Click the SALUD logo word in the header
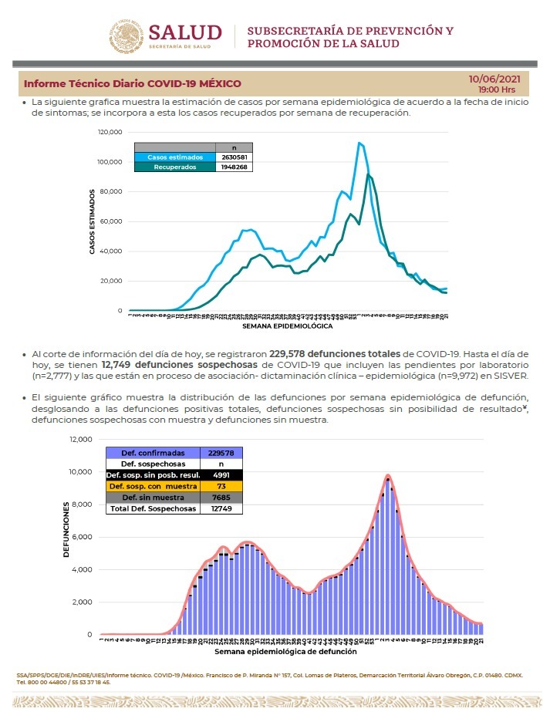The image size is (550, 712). pyautogui.click(x=184, y=32)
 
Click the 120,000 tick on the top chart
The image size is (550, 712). pyautogui.click(x=110, y=132)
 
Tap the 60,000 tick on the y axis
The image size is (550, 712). pyautogui.click(x=112, y=221)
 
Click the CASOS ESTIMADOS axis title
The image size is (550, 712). pyautogui.click(x=93, y=221)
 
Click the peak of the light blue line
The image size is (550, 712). pyautogui.click(x=359, y=143)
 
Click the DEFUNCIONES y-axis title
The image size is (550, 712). pyautogui.click(x=67, y=530)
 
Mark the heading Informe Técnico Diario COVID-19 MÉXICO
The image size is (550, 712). pyautogui.click(x=133, y=83)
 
